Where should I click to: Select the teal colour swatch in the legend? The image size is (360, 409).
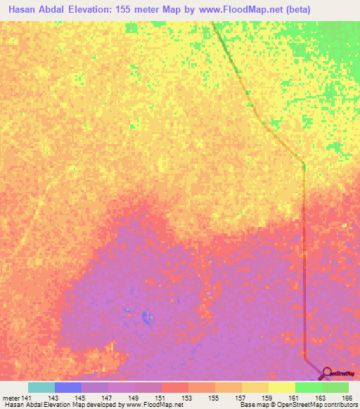41,387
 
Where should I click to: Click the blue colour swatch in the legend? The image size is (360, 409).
68,387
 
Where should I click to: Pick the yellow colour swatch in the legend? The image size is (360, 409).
281,387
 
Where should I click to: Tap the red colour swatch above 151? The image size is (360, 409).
175,387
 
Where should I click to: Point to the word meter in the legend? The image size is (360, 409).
11,397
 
